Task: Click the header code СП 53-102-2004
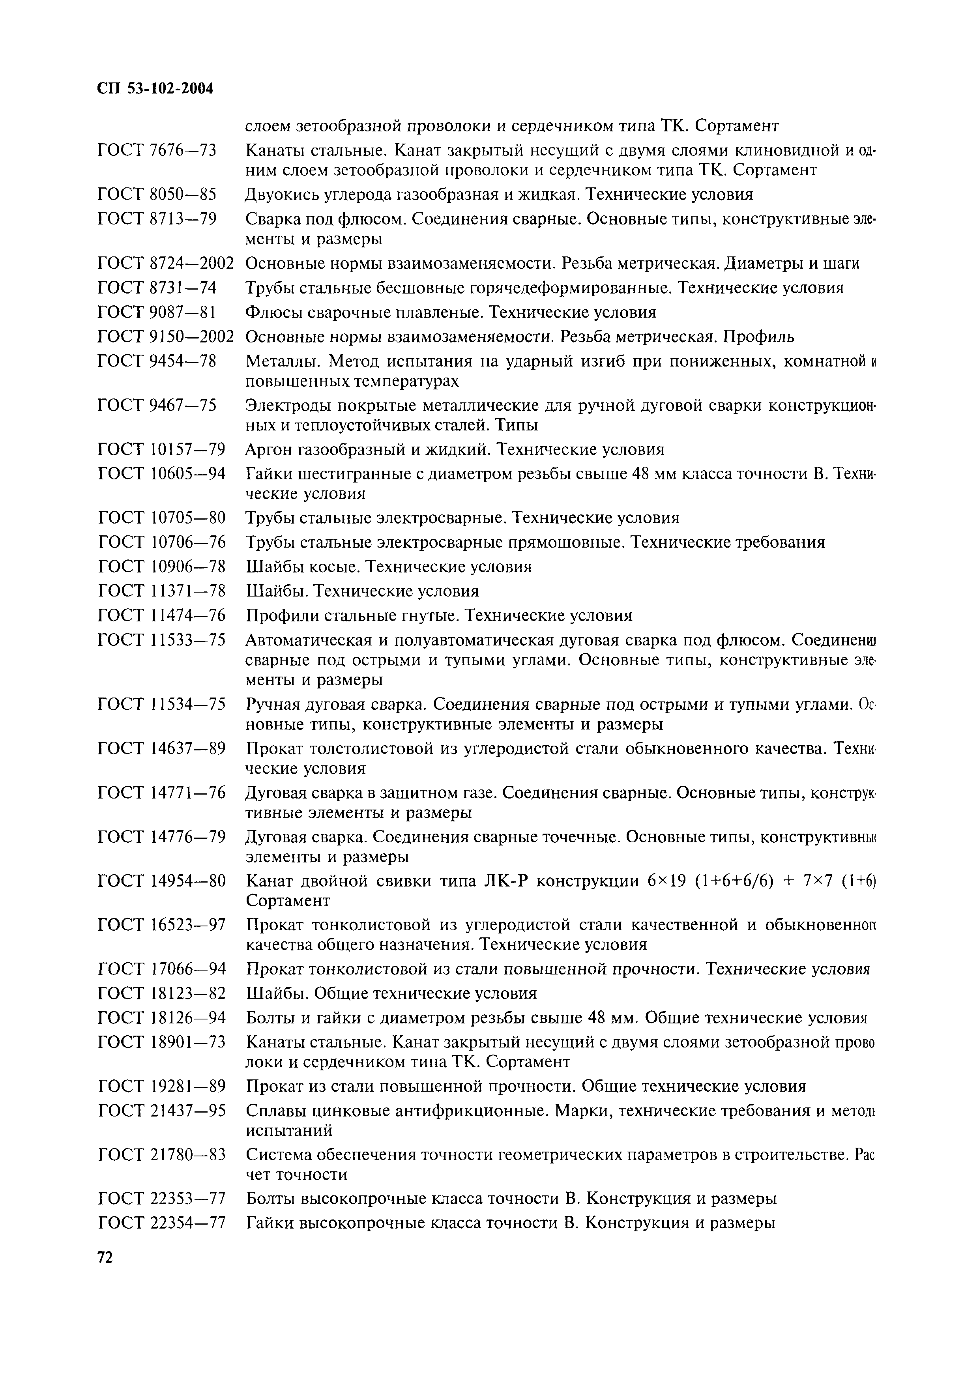155,89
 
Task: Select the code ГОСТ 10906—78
161,567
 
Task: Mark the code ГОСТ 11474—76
161,615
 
